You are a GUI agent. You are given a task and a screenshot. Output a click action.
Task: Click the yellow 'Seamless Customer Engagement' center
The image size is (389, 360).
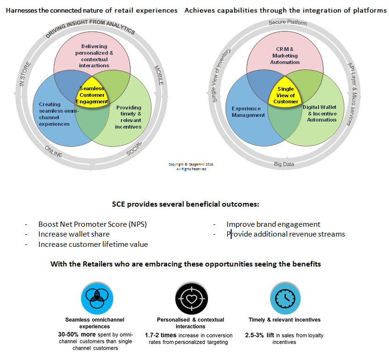(92, 95)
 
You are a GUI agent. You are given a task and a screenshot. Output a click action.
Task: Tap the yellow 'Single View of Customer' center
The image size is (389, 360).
(285, 95)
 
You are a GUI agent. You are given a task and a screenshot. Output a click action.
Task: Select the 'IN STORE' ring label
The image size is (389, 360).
(25, 74)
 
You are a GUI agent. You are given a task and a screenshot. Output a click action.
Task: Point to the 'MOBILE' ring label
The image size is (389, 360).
(158, 74)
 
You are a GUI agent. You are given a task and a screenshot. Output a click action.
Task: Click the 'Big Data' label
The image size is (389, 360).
(284, 164)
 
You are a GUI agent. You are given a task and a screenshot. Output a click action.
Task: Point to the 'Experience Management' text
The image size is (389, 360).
(248, 112)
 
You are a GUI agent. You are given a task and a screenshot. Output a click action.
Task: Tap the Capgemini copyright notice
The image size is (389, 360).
(191, 166)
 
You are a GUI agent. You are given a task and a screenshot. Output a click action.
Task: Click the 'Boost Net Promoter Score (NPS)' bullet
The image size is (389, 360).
(92, 224)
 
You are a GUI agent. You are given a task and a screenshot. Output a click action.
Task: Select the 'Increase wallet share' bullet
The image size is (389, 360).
(74, 234)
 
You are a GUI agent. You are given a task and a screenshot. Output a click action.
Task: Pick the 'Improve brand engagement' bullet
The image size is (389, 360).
(273, 224)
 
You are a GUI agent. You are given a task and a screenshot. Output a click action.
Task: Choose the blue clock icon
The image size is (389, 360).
(284, 298)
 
